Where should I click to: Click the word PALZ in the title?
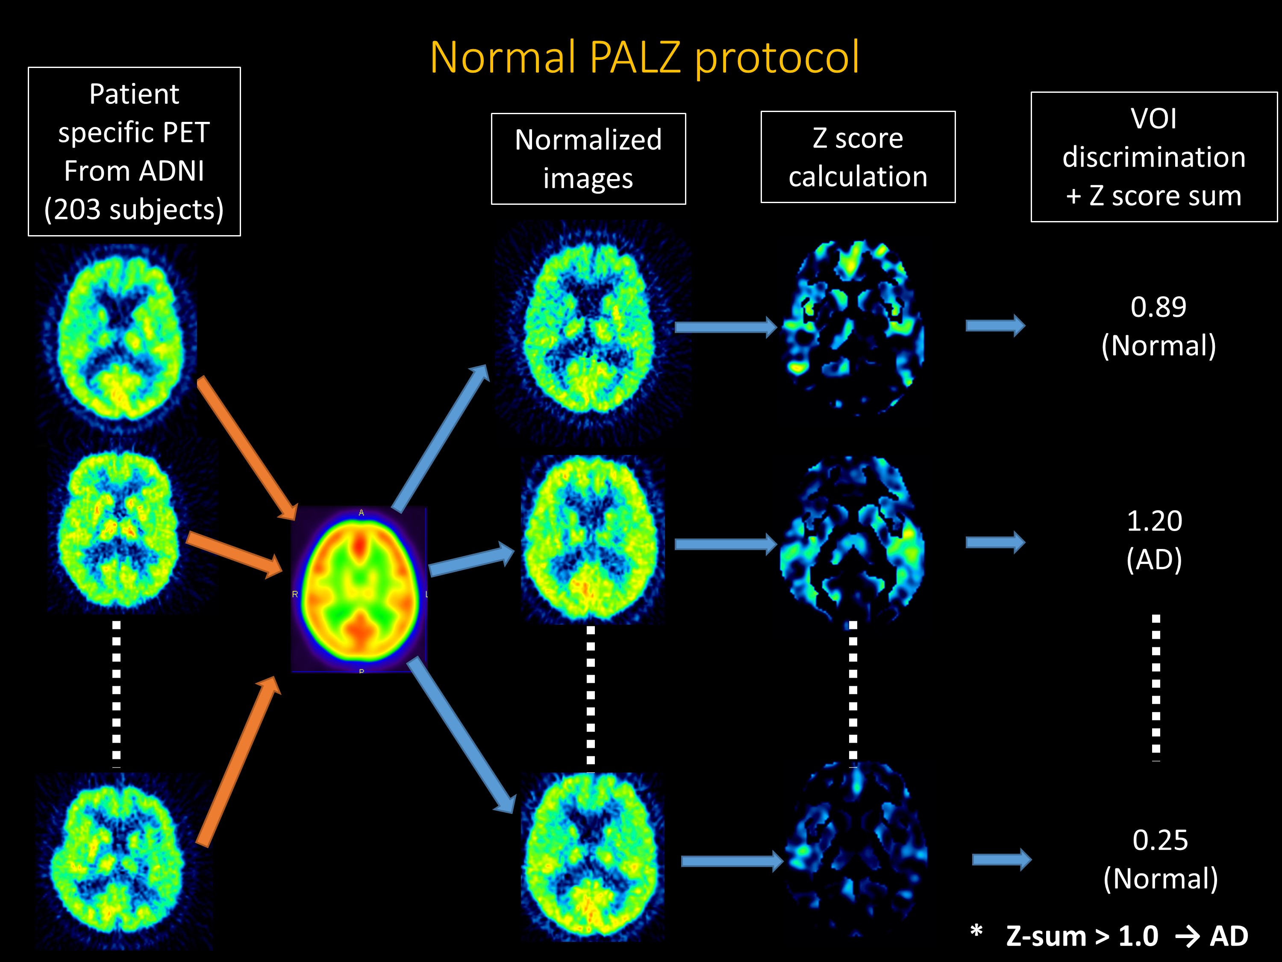pos(635,58)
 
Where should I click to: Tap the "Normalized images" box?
pos(588,159)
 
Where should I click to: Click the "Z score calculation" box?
pos(858,157)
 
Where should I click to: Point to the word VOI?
pos(1153,119)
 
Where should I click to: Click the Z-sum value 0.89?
pos(1159,307)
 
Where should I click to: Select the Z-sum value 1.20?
pos(1154,521)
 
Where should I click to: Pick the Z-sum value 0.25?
pos(1160,840)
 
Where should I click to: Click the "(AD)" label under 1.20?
pos(1154,560)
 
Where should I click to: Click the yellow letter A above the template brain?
pos(361,513)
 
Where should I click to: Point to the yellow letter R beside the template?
pos(295,594)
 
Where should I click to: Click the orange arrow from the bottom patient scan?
pos(238,762)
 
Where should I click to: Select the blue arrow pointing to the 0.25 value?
pos(1002,859)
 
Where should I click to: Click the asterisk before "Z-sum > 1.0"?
pos(976,932)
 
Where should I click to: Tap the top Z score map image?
pos(853,328)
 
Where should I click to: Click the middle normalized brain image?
pos(591,539)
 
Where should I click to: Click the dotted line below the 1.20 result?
pos(1156,687)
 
